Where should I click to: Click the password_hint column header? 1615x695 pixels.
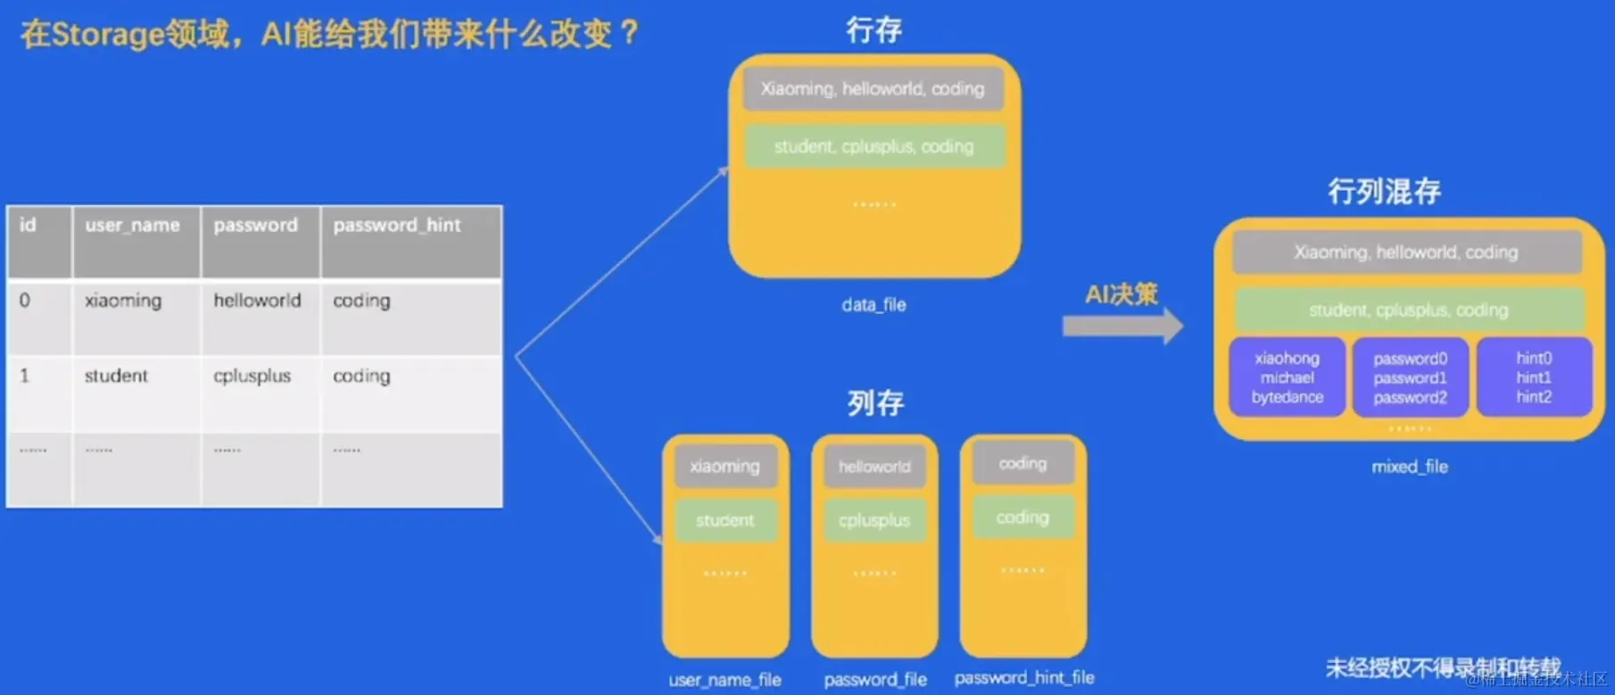[397, 226]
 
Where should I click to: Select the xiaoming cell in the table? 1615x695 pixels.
[123, 301]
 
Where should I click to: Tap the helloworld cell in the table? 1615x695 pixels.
[257, 301]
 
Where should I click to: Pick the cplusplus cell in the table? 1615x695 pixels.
[252, 376]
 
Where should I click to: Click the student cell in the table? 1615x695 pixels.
[116, 376]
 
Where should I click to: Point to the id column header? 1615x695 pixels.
[28, 226]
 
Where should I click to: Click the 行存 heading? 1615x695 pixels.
[874, 30]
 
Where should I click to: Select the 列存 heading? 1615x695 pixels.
[875, 403]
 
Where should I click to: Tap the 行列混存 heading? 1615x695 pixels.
[1384, 191]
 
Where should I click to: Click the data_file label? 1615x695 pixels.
[874, 305]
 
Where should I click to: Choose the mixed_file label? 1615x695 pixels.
[1410, 467]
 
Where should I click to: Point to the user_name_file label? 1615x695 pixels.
[725, 680]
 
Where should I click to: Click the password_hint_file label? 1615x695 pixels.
[1024, 678]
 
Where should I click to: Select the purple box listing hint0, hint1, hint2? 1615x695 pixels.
[1534, 377]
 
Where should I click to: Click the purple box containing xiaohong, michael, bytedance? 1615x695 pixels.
[1287, 377]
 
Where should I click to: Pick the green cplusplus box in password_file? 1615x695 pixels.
[874, 520]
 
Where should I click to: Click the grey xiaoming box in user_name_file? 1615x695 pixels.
[725, 467]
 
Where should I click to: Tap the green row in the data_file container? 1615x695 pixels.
[874, 146]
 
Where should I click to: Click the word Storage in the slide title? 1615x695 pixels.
[108, 34]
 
